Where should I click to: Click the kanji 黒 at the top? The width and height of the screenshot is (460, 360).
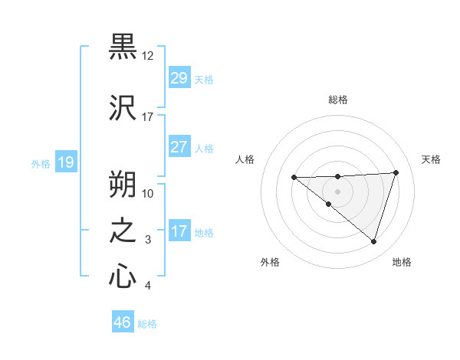coord(123,47)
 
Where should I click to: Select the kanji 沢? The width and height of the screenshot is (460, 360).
coord(123,107)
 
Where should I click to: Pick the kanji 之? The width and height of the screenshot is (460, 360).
coord(123,231)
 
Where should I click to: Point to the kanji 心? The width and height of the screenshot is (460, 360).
coord(123,277)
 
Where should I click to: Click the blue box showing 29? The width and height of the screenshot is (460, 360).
coord(179,78)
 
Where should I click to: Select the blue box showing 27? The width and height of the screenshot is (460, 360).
coord(179,146)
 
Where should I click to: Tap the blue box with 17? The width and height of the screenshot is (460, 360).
coord(179,231)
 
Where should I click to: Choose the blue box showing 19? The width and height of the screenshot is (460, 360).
coord(66,162)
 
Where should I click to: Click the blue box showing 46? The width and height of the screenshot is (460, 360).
coord(123,322)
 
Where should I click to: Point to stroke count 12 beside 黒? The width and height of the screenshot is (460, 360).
coord(147,56)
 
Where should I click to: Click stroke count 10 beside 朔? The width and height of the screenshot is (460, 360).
coord(148,193)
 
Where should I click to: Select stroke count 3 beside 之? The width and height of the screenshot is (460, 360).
coord(149,240)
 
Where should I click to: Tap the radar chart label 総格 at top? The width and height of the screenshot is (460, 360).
coord(337,100)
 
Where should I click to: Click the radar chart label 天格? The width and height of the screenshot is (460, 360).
coord(431,159)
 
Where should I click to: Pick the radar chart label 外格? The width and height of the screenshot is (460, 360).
coord(270,262)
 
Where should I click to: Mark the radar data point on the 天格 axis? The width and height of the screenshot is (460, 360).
coord(396,172)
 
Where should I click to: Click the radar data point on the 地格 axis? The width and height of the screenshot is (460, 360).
coord(373,241)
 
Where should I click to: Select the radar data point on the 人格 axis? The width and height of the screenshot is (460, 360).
coord(294,178)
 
